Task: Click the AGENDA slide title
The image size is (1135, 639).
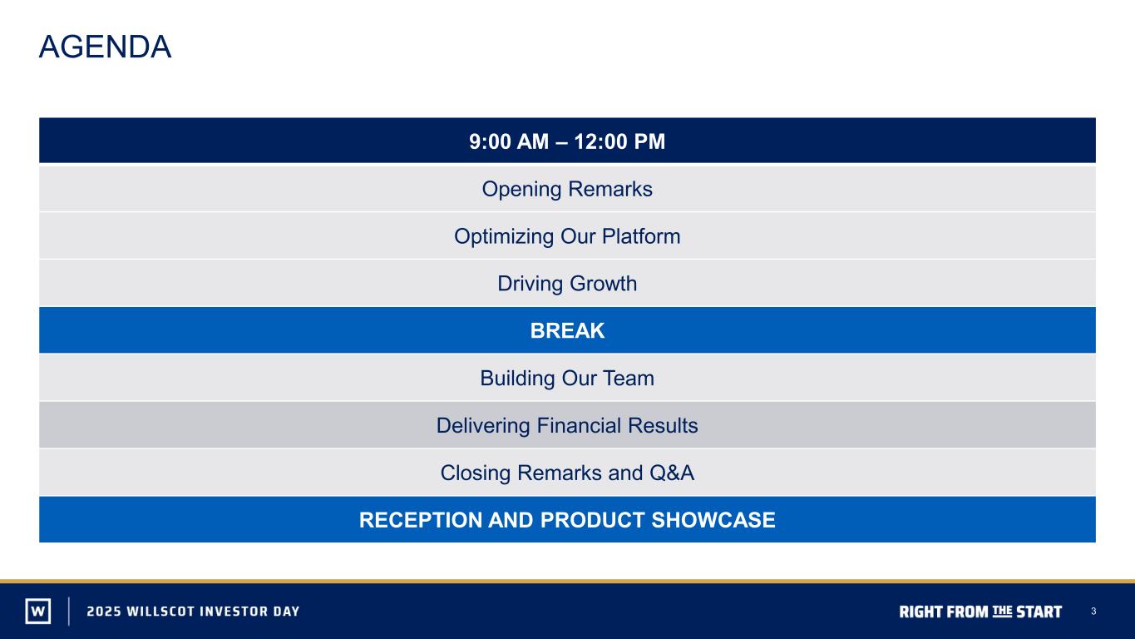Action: (105, 47)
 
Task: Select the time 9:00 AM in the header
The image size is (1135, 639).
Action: (509, 141)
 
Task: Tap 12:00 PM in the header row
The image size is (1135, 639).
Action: (619, 141)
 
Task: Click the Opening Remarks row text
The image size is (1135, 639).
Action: (567, 189)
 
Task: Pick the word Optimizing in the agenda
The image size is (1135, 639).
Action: (504, 237)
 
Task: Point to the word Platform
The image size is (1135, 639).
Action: (641, 236)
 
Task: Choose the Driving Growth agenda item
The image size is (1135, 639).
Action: (567, 284)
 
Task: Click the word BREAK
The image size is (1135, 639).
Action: (567, 330)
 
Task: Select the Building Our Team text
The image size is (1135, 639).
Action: (567, 379)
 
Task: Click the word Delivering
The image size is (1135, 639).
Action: (483, 426)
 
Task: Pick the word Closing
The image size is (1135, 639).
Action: (476, 473)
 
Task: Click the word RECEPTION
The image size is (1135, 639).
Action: (420, 520)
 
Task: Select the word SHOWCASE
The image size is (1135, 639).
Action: (713, 520)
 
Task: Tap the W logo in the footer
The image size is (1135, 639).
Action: (38, 611)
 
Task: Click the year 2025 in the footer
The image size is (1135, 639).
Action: (104, 611)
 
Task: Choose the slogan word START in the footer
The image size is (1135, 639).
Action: (1039, 612)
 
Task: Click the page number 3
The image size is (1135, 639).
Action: (1093, 611)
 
